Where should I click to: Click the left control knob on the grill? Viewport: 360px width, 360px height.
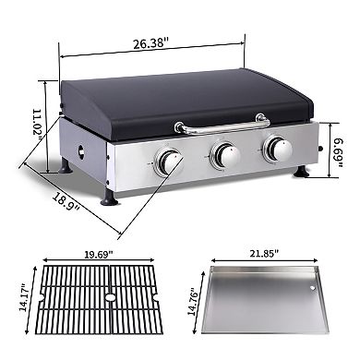tap(166, 162)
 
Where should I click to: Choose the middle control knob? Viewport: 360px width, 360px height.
tap(222, 155)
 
